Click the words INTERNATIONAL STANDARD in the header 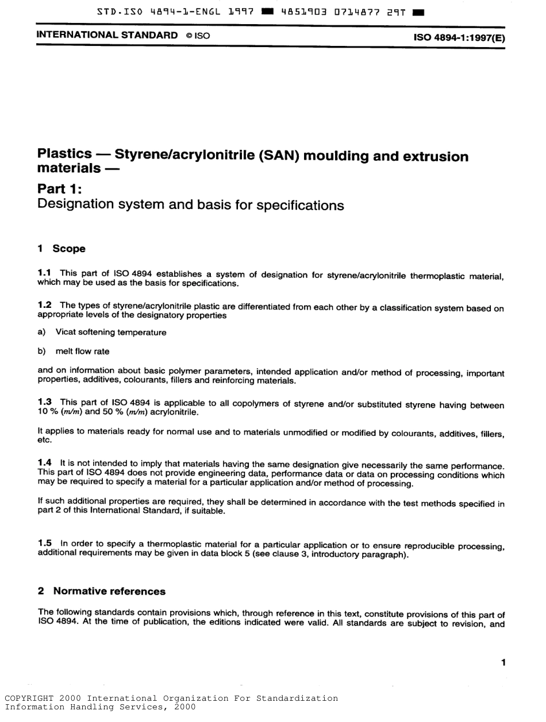107,35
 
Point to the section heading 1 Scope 61,249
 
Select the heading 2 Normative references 102,591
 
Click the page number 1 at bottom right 503,663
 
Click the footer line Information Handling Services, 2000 100,708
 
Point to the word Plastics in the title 64,154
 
